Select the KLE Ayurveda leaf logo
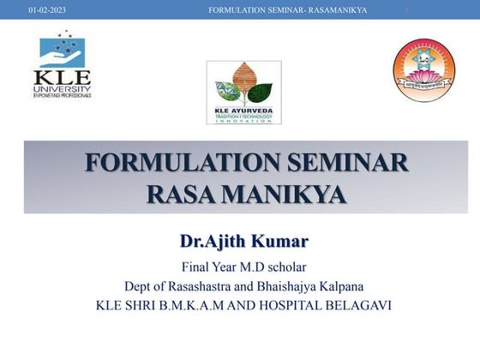(240, 92)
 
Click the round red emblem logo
(423, 70)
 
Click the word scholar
(285, 267)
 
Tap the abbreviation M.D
(246, 267)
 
